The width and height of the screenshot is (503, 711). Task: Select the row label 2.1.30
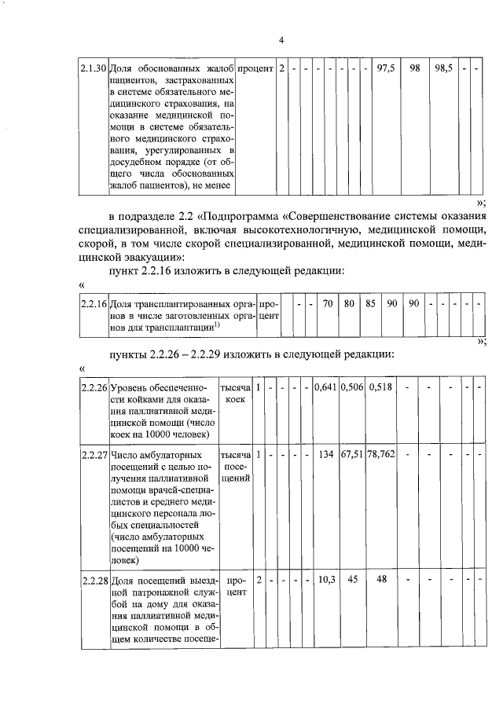pos(94,68)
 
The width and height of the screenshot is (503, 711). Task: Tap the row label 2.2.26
pos(94,387)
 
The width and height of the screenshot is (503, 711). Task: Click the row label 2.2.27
pos(94,455)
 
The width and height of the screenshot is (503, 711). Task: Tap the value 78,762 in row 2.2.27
pos(381,454)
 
